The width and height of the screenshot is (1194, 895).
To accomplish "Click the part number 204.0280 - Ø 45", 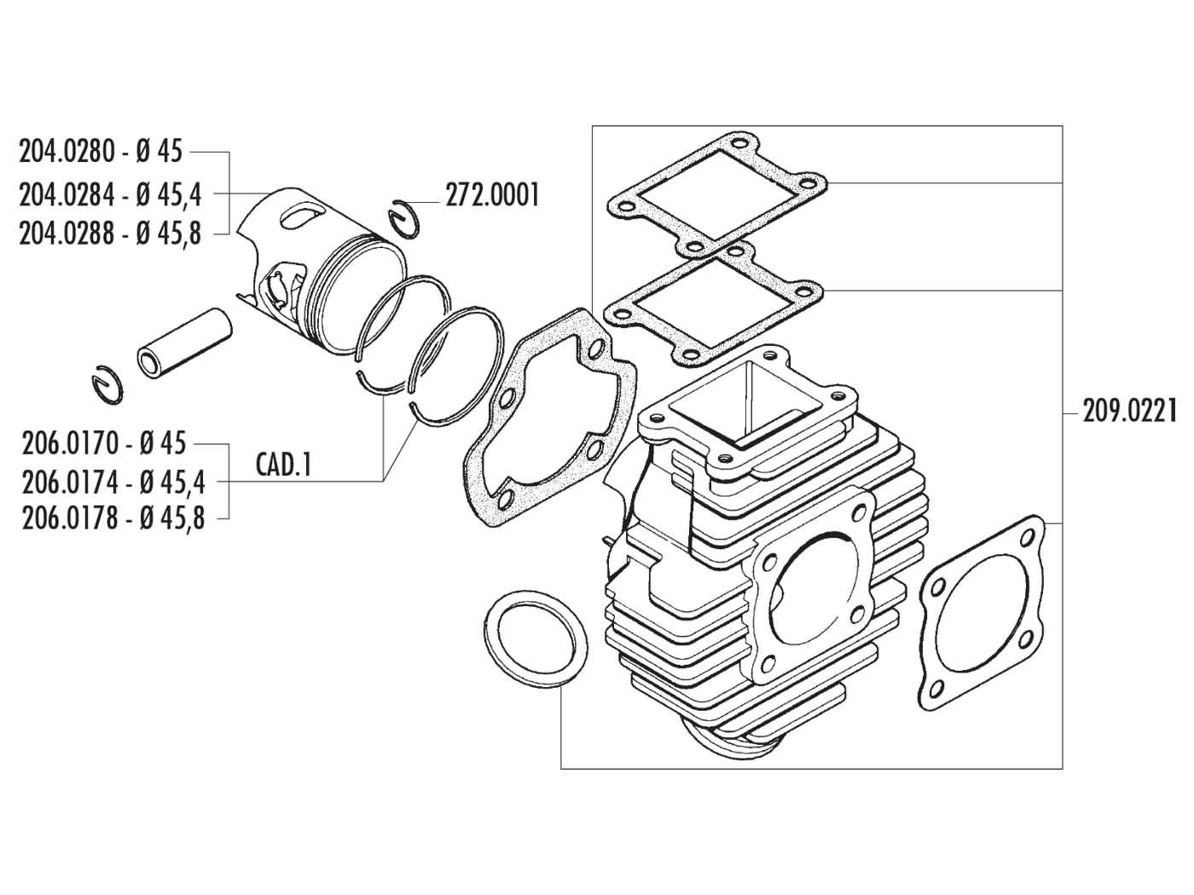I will tap(101, 153).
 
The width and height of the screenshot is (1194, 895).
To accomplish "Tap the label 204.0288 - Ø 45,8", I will tap(110, 233).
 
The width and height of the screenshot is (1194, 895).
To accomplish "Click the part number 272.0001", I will tap(492, 195).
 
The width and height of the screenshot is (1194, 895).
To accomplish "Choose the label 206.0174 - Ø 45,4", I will tap(112, 482).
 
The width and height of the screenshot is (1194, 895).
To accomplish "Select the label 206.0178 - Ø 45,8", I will tap(112, 518).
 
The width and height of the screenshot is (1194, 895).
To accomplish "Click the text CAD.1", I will tap(284, 465).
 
